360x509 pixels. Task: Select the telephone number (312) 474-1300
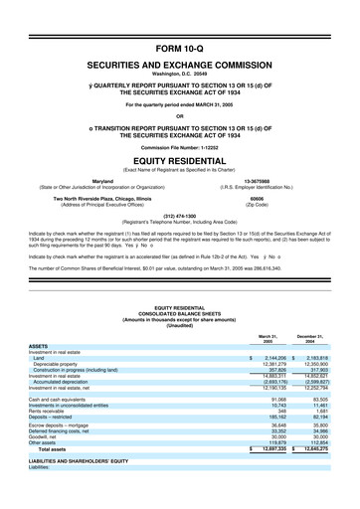(179, 215)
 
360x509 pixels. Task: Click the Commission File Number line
(179, 147)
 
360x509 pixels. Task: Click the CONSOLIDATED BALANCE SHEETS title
(179, 301)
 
